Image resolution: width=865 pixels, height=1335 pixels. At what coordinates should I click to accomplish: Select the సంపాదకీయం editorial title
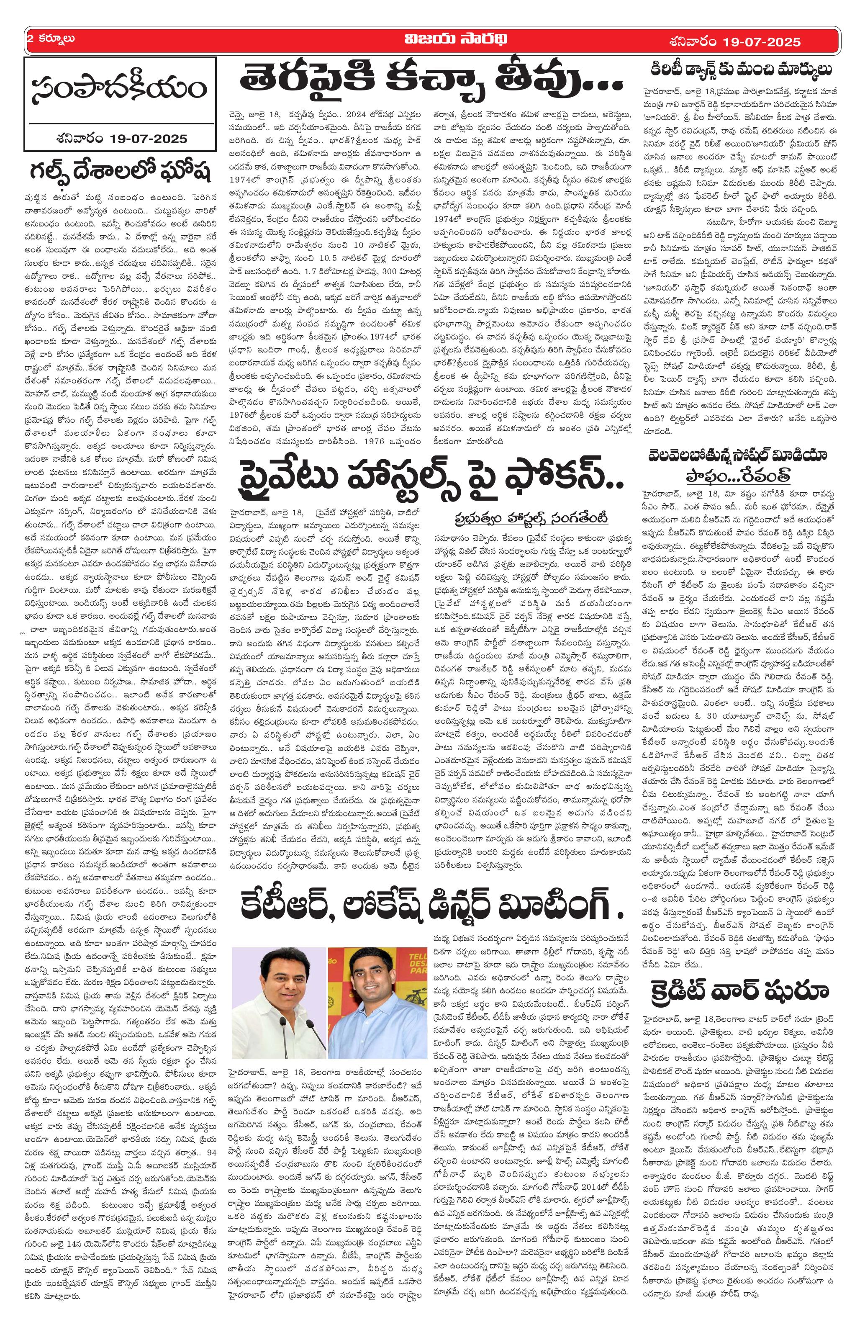pyautogui.click(x=119, y=89)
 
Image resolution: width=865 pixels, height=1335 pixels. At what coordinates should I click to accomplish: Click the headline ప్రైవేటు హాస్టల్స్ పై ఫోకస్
pyautogui.click(x=426, y=475)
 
